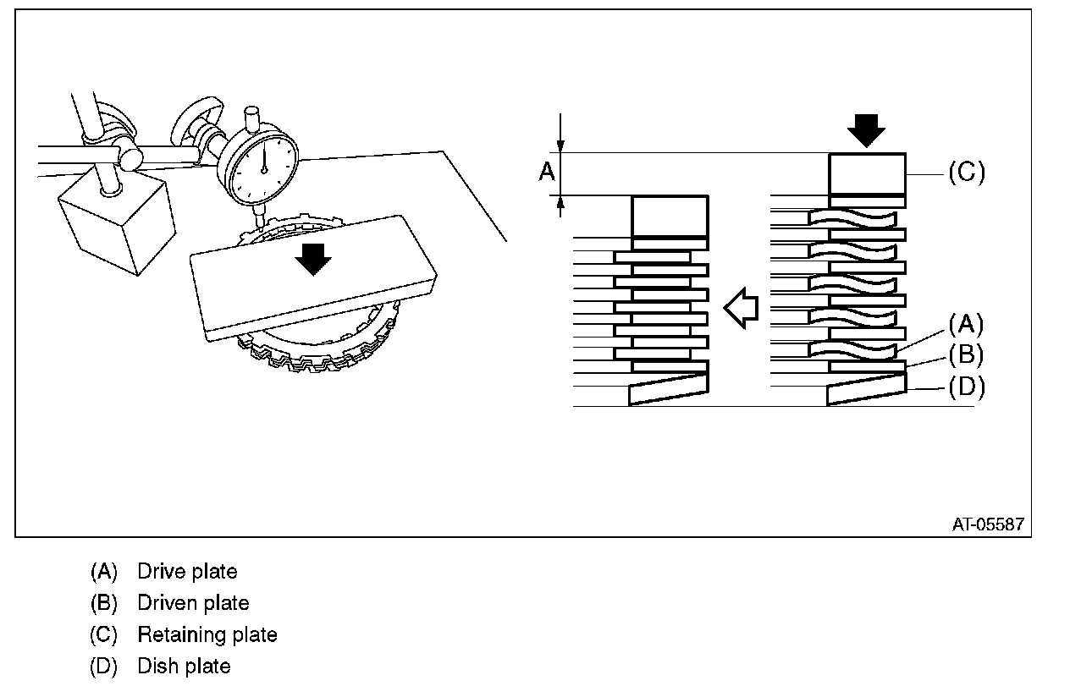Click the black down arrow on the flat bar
coord(314,258)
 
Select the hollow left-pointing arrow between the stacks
coord(740,308)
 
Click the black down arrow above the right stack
coord(865,129)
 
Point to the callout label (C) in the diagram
coord(965,173)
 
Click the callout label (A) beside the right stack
coord(965,323)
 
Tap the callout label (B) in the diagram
coord(965,354)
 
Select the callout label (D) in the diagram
coord(965,387)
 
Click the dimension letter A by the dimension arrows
coord(547,173)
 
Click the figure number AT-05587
coord(988,524)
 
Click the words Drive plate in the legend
coord(187,572)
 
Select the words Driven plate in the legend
coord(193,603)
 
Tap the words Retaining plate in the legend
coord(207,634)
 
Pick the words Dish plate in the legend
coord(184,667)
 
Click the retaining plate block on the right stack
coord(867,173)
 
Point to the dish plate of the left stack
coord(668,389)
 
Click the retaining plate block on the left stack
coord(670,217)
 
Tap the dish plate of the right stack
coord(866,389)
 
